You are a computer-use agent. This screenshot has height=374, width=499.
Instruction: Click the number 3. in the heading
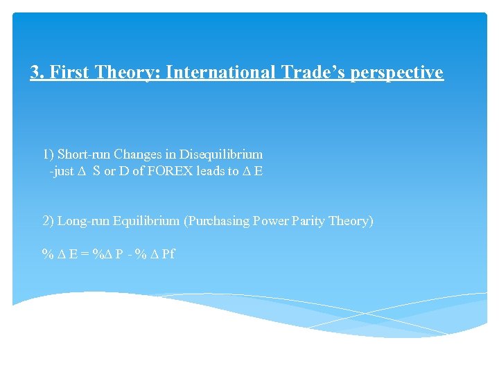coord(37,72)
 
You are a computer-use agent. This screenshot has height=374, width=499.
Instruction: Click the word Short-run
coord(85,154)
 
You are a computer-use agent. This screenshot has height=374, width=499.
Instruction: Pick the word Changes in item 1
coord(137,154)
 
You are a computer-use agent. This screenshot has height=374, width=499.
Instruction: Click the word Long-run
coord(83,221)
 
